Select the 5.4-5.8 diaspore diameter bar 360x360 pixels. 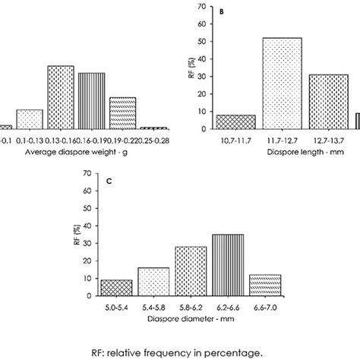pos(153,281)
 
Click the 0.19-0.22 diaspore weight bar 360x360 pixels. pos(122,112)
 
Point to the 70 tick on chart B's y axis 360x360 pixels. pos(202,7)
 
